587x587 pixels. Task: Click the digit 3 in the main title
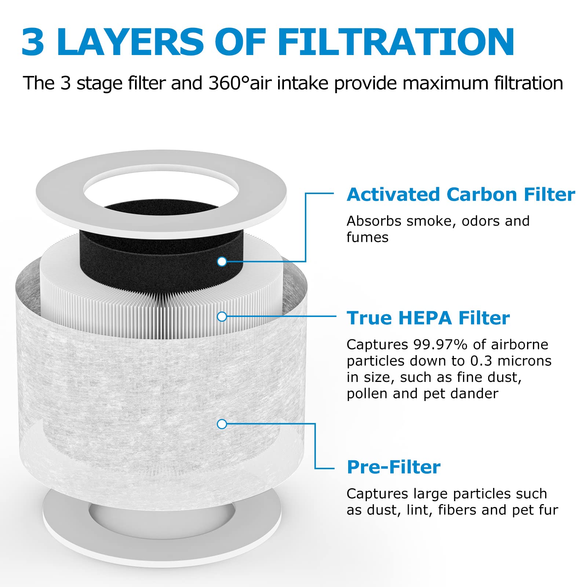pyautogui.click(x=33, y=42)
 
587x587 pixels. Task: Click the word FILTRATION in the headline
pyautogui.click(x=396, y=42)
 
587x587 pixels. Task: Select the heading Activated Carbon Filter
pyautogui.click(x=461, y=194)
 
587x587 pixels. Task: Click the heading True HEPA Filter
pyautogui.click(x=428, y=318)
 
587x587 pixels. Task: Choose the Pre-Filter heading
pyautogui.click(x=394, y=467)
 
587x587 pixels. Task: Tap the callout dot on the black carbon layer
pyautogui.click(x=222, y=262)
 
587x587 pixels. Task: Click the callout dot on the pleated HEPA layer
pyautogui.click(x=222, y=317)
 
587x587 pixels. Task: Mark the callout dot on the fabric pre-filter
pyautogui.click(x=222, y=424)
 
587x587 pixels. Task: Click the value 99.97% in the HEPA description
pyautogui.click(x=441, y=344)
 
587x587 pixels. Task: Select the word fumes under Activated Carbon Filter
pyautogui.click(x=367, y=237)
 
